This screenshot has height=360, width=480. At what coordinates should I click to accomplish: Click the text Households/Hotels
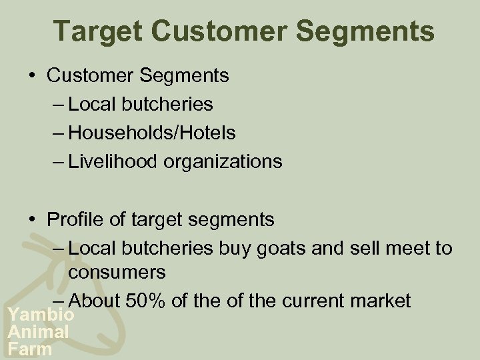click(x=152, y=133)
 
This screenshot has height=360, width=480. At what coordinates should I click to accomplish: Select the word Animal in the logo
click(x=38, y=331)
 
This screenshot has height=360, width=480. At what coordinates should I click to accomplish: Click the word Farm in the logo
click(x=30, y=348)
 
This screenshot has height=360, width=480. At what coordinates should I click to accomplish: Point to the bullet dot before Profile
click(x=33, y=219)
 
